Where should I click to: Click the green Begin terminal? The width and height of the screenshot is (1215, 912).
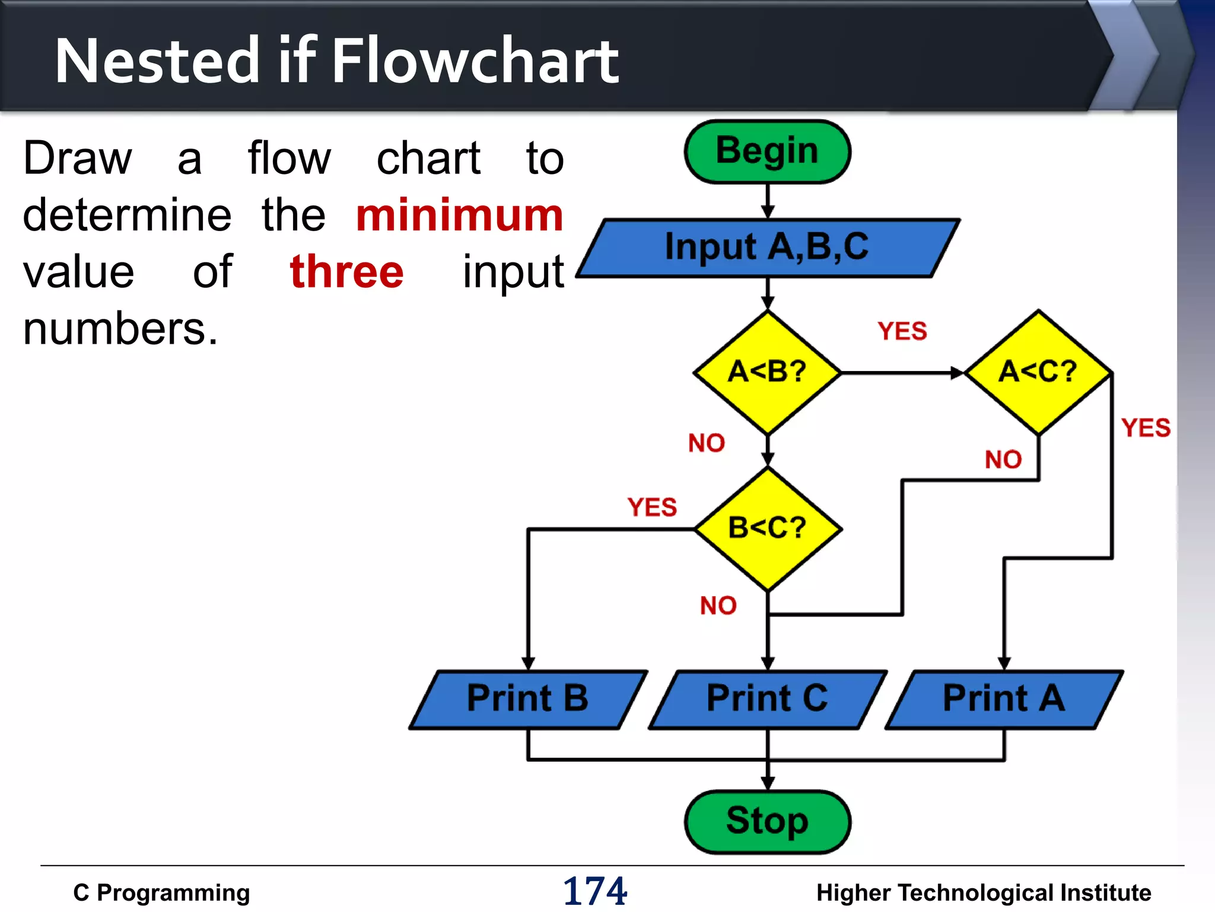pyautogui.click(x=767, y=151)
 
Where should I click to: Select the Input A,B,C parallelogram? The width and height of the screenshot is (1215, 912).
pyautogui.click(x=767, y=247)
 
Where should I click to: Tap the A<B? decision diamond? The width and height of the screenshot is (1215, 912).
pyautogui.click(x=767, y=372)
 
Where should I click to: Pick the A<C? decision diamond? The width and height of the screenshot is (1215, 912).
pyautogui.click(x=1038, y=372)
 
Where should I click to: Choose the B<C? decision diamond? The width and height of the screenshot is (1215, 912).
pyautogui.click(x=768, y=528)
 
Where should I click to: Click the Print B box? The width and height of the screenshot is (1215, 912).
pyautogui.click(x=527, y=699)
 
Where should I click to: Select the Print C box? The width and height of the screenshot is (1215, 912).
pyautogui.click(x=767, y=699)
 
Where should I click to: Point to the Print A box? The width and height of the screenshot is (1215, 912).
pyautogui.click(x=1004, y=699)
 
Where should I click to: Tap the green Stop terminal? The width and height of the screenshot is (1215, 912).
pyautogui.click(x=767, y=821)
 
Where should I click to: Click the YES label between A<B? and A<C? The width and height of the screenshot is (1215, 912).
pyautogui.click(x=902, y=331)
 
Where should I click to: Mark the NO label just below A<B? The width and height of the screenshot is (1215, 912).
pyautogui.click(x=707, y=444)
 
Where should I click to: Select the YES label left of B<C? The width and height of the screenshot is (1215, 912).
pyautogui.click(x=652, y=508)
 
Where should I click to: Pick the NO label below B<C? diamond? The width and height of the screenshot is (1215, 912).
pyautogui.click(x=718, y=606)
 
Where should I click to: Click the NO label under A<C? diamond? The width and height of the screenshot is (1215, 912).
pyautogui.click(x=1003, y=460)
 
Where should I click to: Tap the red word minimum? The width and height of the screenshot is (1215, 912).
pyautogui.click(x=459, y=216)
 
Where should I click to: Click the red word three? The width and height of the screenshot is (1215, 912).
pyautogui.click(x=347, y=272)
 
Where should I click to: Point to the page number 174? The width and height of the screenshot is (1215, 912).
pyautogui.click(x=595, y=891)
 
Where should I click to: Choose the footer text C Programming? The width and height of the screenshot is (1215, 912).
pyautogui.click(x=161, y=893)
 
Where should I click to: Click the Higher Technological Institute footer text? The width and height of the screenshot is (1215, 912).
pyautogui.click(x=984, y=893)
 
